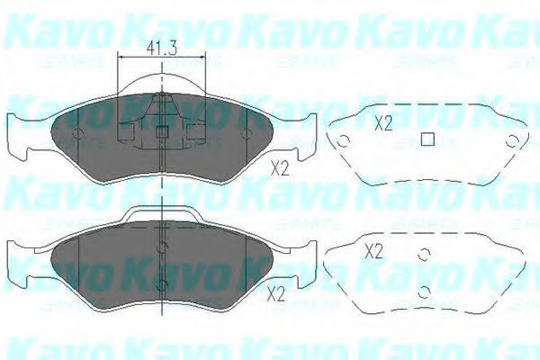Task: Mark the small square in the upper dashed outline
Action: [428, 139]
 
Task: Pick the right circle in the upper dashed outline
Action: [512, 141]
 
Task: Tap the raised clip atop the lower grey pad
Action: [162, 213]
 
